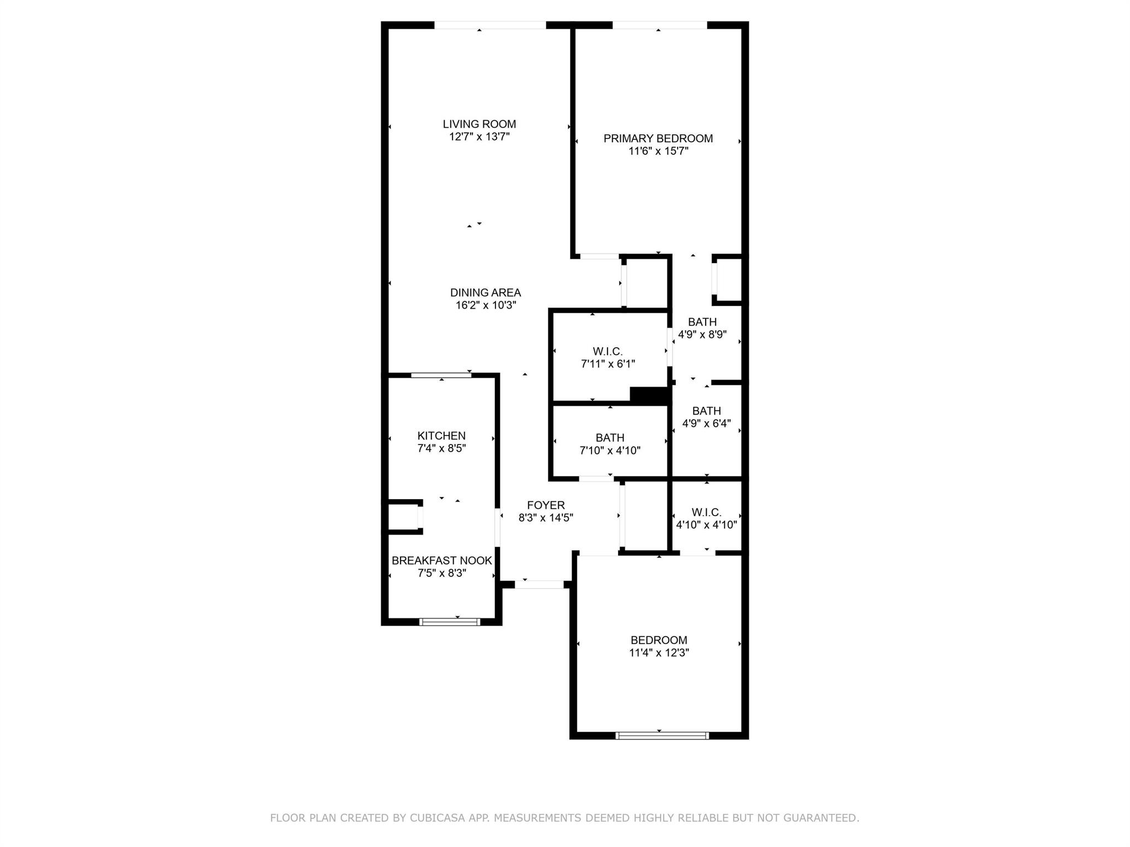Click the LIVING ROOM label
[479, 124]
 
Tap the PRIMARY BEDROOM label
[658, 138]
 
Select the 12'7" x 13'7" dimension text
[479, 137]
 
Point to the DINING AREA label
[486, 293]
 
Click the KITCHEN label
[441, 436]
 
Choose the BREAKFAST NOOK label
[442, 560]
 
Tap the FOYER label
[546, 505]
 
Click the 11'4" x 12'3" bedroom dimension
[659, 653]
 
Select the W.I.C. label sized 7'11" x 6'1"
[608, 351]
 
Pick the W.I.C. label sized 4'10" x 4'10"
[707, 512]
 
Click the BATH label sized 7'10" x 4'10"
[610, 438]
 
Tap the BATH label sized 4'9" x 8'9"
[702, 322]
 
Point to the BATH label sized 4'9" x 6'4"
[707, 411]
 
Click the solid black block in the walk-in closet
[650, 396]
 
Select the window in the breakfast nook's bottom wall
[450, 622]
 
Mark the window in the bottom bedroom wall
[662, 735]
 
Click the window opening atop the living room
[491, 25]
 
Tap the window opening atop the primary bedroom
[660, 25]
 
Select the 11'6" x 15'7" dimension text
[658, 151]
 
